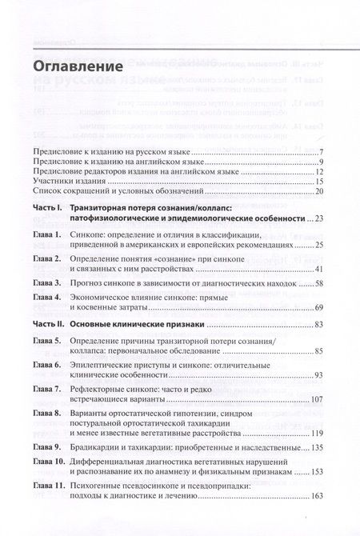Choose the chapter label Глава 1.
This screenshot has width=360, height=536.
(x=49, y=234)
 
